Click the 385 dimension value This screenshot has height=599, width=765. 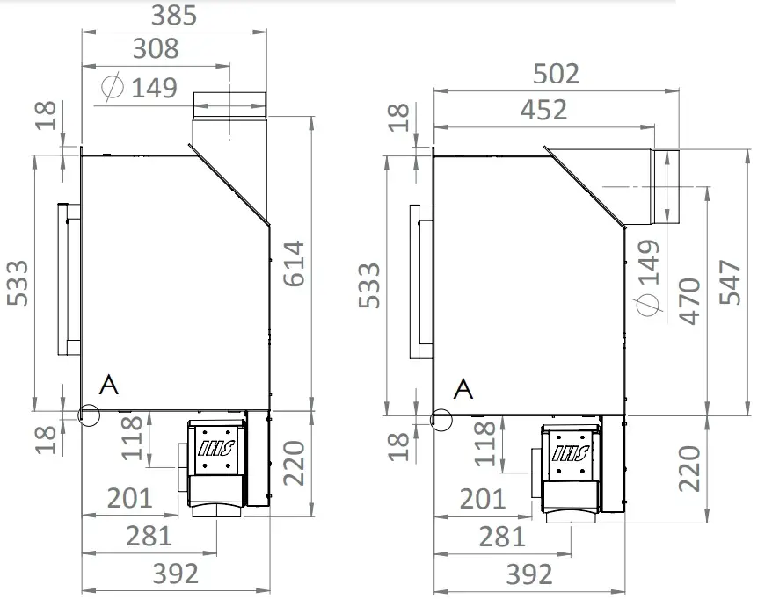tap(174, 15)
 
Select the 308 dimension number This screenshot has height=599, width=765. tap(155, 48)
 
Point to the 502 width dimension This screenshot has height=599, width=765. tap(557, 74)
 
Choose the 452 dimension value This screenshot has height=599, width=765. tap(543, 110)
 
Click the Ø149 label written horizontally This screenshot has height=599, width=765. tap(141, 87)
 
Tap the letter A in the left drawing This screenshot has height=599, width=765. tap(109, 385)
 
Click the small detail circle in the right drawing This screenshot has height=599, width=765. tap(441, 419)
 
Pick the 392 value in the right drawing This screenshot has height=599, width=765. tap(528, 574)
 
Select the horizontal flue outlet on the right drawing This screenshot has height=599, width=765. tap(664, 186)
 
